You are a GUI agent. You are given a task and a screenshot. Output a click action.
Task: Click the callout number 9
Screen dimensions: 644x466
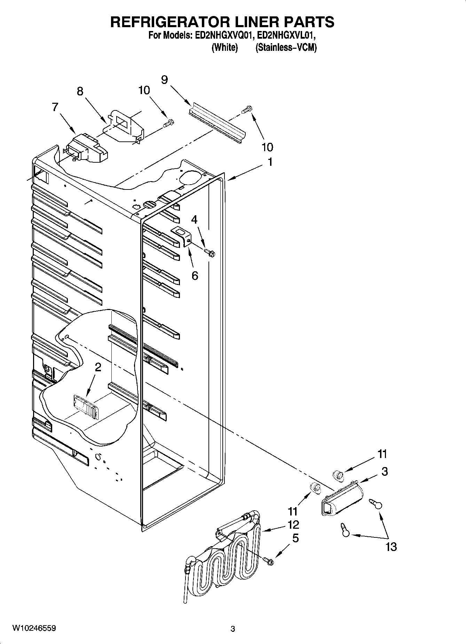click(164, 80)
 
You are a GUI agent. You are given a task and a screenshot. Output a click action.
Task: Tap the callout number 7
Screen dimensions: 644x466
click(55, 107)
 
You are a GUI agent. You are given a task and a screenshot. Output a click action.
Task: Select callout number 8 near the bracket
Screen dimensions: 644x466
click(80, 91)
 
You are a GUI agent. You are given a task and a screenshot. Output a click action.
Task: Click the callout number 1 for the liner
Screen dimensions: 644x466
click(270, 162)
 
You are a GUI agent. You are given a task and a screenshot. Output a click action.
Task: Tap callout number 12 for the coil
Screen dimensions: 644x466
click(293, 525)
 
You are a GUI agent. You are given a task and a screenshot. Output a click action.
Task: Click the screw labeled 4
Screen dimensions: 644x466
click(210, 251)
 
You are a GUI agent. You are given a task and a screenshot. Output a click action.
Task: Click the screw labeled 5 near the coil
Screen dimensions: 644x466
click(269, 561)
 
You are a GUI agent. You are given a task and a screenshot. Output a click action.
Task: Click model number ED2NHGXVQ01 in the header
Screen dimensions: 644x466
click(221, 36)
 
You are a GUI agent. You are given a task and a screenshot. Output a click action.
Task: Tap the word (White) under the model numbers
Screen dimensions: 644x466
click(225, 48)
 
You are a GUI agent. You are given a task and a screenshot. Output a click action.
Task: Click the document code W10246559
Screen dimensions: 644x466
click(34, 628)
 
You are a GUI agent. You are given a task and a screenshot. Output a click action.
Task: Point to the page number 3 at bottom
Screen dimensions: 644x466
click(233, 629)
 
